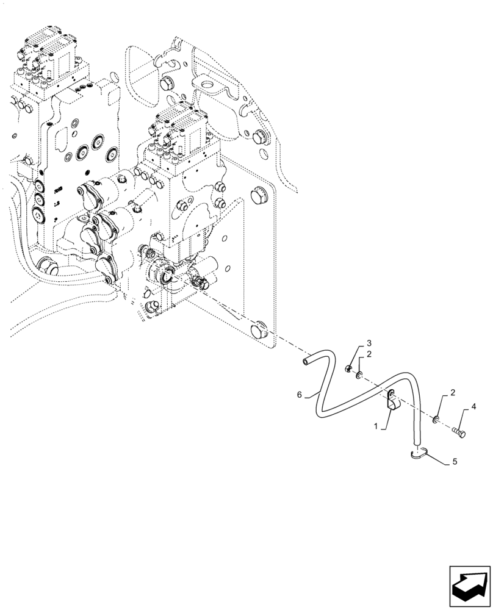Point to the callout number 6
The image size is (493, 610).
coord(300,395)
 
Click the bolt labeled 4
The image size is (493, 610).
coord(459,432)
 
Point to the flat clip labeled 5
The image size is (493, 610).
coord(416,453)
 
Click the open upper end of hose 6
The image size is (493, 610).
coord(305,363)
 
